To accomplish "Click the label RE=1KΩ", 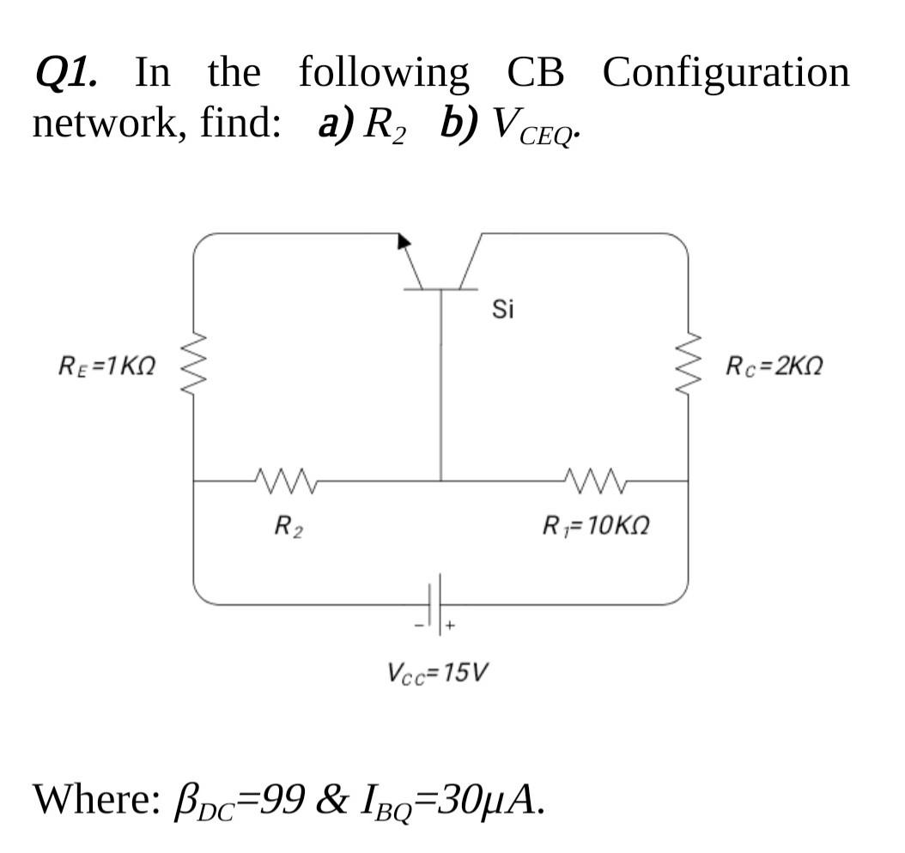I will (106, 367).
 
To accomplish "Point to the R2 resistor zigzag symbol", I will (283, 480).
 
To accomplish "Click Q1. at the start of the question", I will (65, 72).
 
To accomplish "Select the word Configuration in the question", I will (726, 72).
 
